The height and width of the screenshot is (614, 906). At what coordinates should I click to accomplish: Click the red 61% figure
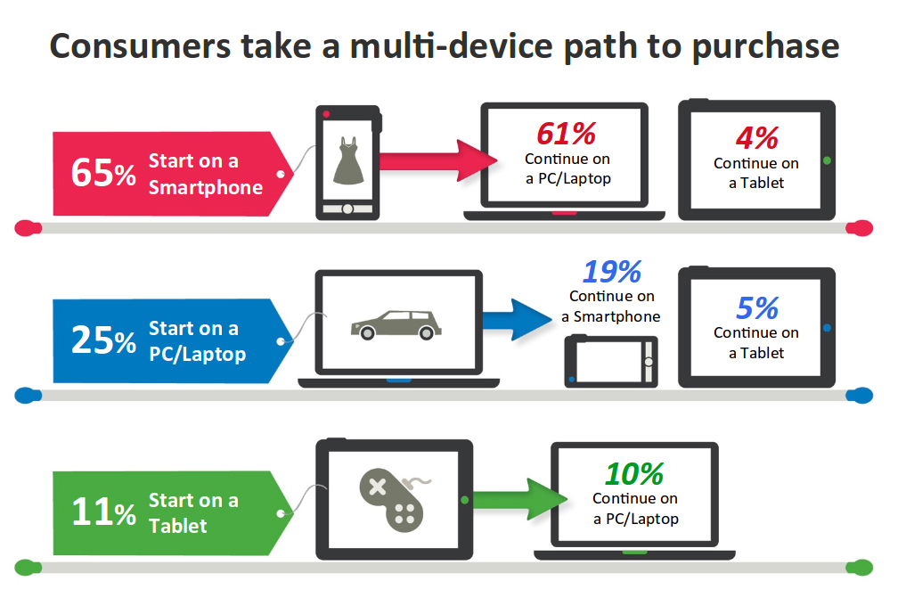pyautogui.click(x=566, y=134)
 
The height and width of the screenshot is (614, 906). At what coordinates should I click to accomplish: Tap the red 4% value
pyautogui.click(x=757, y=138)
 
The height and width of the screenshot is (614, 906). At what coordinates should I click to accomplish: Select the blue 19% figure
pyautogui.click(x=612, y=271)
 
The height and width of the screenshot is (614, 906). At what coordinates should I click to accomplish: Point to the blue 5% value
pyautogui.click(x=757, y=307)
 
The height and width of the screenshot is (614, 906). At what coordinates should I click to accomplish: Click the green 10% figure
pyautogui.click(x=634, y=474)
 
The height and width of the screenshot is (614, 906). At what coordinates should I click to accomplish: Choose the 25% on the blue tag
pyautogui.click(x=103, y=340)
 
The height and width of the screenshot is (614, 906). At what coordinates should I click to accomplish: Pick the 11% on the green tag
pyautogui.click(x=103, y=512)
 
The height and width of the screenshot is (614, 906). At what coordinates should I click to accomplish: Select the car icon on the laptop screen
pyautogui.click(x=396, y=324)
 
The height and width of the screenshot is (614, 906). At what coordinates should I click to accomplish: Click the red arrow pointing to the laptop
pyautogui.click(x=438, y=160)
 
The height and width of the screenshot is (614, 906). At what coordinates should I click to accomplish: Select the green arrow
pyautogui.click(x=520, y=499)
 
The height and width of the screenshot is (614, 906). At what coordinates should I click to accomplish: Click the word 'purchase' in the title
pyautogui.click(x=765, y=47)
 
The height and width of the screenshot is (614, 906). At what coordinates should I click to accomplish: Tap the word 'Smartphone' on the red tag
pyautogui.click(x=206, y=187)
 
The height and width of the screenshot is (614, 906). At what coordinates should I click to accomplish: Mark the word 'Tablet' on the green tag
pyautogui.click(x=178, y=526)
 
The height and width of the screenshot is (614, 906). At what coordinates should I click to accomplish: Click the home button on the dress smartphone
pyautogui.click(x=347, y=209)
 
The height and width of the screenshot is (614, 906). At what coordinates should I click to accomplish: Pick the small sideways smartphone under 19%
pyautogui.click(x=611, y=361)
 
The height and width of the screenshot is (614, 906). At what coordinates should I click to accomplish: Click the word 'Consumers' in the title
pyautogui.click(x=141, y=46)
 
